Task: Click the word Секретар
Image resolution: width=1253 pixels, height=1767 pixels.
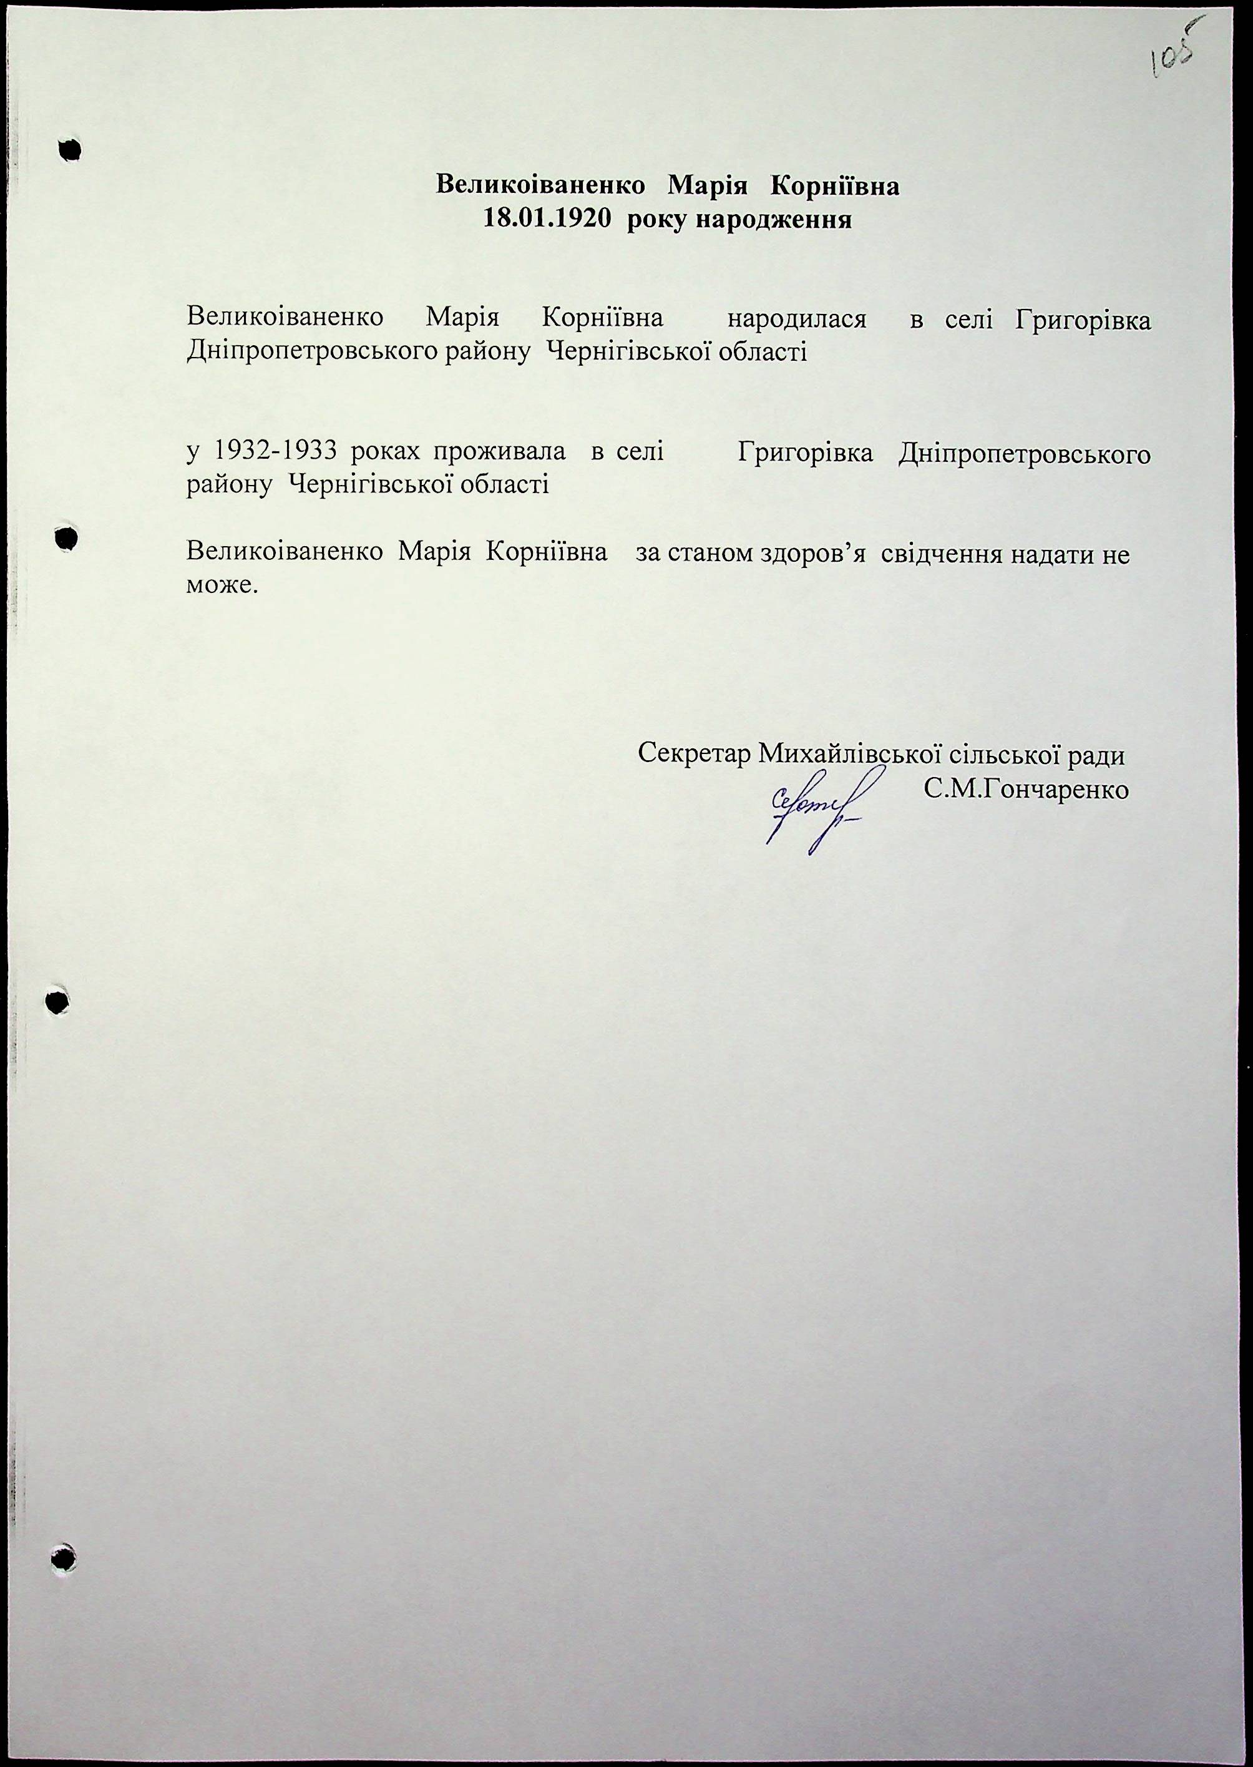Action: tap(694, 754)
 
